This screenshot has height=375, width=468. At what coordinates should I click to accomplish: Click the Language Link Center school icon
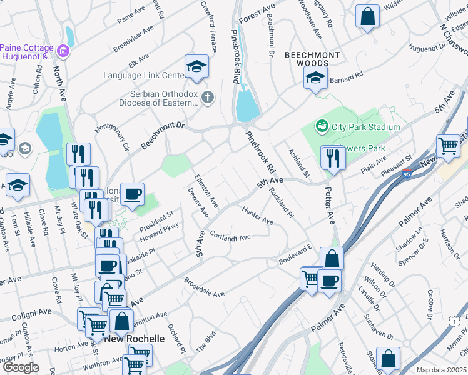click(x=196, y=66)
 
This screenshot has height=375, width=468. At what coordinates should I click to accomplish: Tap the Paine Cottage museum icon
click(x=63, y=50)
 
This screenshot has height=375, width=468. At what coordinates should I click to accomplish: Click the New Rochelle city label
click(x=134, y=339)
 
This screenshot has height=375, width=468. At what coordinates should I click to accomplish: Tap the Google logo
click(x=21, y=367)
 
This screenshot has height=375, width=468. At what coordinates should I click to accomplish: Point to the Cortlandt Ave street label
click(x=230, y=237)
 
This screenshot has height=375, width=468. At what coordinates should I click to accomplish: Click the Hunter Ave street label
click(x=257, y=216)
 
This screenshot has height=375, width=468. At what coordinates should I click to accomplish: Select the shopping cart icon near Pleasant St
click(x=448, y=146)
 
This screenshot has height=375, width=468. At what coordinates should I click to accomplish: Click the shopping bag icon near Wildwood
click(x=367, y=16)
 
